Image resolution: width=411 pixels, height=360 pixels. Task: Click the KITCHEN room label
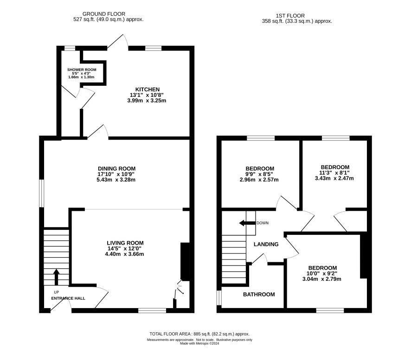148,89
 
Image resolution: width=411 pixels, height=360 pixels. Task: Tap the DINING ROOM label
116,169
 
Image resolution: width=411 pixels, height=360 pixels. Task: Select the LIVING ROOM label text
125,243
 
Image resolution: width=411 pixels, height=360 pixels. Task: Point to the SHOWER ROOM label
82,69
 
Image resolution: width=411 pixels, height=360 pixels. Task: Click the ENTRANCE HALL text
68,298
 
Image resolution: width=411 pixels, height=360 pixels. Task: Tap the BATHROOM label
259,295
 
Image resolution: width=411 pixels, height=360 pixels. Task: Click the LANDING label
266,244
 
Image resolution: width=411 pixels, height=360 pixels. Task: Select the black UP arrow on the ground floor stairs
56,277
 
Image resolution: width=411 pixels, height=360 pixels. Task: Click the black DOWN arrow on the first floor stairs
247,223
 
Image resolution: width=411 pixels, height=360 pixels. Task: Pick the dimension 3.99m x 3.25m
147,101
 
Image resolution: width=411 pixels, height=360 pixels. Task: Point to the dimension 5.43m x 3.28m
116,180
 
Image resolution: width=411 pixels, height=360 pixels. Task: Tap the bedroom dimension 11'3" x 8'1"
334,173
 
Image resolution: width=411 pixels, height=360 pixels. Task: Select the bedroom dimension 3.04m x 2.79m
322,279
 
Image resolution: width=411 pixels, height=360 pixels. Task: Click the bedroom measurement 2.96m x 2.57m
259,180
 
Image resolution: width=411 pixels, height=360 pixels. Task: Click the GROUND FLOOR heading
104,14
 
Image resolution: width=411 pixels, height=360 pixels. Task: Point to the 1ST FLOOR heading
290,16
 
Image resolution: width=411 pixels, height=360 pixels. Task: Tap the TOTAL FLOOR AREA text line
199,334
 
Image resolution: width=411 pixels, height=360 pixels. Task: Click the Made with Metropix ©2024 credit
199,343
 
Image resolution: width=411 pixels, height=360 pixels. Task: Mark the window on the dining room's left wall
42,193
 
